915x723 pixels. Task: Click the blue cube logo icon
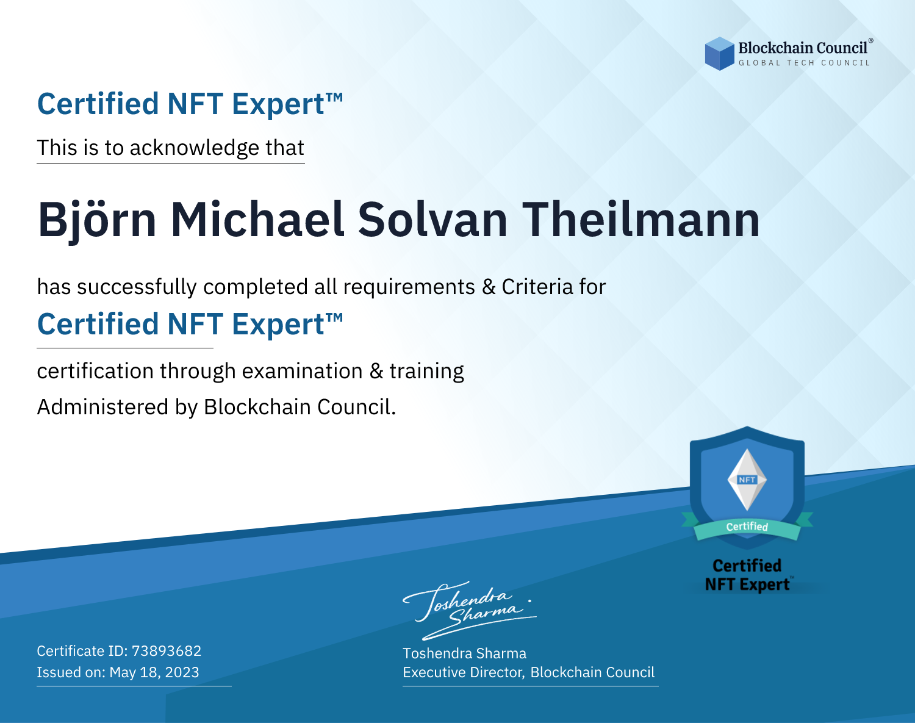719,54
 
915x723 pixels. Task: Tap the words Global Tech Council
804,63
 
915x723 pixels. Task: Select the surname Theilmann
640,220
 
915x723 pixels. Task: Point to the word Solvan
433,220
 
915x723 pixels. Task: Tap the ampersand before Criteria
489,287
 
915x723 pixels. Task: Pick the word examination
302,371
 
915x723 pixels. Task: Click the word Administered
102,407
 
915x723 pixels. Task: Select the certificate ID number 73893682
167,650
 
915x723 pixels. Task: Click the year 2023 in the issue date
182,672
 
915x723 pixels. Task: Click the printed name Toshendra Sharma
464,653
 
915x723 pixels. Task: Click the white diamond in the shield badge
747,480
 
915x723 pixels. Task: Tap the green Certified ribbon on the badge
747,527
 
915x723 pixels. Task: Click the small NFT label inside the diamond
747,480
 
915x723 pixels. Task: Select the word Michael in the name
257,220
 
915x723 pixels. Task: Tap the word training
426,371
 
